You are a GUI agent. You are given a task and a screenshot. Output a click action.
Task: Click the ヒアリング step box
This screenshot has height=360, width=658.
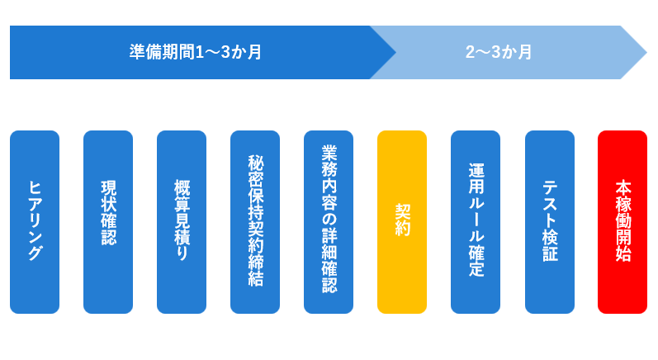[35, 222]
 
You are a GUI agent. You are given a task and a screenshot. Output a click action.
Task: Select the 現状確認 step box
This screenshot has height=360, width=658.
[108, 222]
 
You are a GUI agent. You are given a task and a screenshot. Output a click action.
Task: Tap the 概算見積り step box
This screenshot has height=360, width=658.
[182, 222]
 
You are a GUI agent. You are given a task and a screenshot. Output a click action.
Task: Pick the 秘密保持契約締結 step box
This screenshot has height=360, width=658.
[255, 222]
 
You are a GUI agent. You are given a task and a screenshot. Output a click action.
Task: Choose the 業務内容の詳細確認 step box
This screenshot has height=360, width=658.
[329, 222]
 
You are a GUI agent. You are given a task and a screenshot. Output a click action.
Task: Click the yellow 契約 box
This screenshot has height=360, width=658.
[402, 222]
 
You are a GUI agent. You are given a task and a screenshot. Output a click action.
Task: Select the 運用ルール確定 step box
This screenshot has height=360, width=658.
[476, 222]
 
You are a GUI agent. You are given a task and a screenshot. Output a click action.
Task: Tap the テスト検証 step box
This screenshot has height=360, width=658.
[550, 222]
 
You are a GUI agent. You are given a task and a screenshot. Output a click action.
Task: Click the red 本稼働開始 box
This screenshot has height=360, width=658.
[622, 222]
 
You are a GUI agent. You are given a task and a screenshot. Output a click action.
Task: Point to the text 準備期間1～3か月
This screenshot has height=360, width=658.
[195, 52]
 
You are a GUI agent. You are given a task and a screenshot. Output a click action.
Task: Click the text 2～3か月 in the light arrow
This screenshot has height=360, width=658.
[499, 52]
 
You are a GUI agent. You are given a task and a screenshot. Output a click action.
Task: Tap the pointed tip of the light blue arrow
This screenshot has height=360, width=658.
[646, 53]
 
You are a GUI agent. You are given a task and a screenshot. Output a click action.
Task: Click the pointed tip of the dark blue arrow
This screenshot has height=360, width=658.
[395, 53]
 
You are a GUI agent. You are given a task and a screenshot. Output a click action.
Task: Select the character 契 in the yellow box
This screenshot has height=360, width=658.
[402, 212]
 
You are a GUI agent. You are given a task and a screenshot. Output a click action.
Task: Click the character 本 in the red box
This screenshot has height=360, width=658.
[622, 188]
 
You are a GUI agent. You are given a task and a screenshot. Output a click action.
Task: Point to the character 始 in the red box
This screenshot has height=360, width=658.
[622, 253]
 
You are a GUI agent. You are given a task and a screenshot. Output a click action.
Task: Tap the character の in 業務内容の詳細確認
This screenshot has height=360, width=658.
[329, 220]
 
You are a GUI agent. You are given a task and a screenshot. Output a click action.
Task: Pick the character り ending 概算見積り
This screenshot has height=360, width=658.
[182, 253]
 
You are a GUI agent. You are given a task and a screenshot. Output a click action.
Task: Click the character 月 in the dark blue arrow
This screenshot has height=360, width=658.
[254, 53]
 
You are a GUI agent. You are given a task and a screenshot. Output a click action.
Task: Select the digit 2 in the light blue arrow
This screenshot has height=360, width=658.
[470, 53]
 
